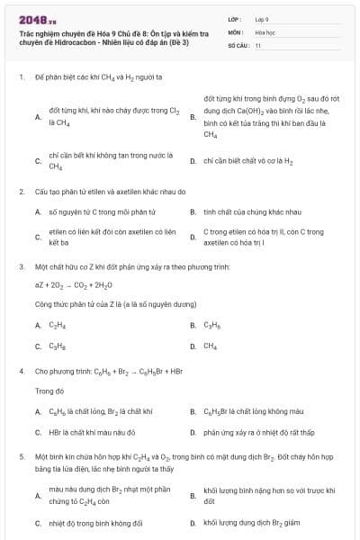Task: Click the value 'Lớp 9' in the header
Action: tap(262, 18)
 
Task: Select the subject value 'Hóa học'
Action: tap(265, 31)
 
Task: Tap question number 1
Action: tap(21, 77)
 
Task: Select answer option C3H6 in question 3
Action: tap(212, 325)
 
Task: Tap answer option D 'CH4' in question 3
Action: tap(211, 346)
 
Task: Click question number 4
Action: tap(21, 371)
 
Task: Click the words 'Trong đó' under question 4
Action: tap(47, 391)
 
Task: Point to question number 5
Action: tap(21, 457)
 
